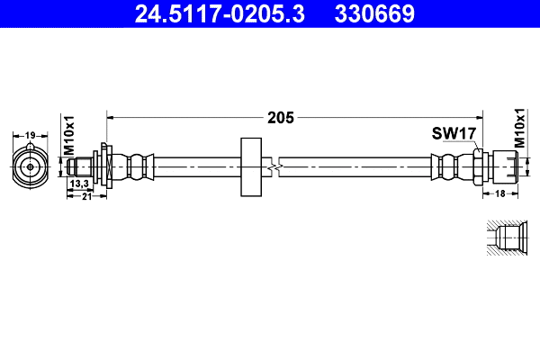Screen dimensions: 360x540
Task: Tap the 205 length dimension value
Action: (280, 116)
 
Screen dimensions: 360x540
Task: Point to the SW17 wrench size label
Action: (453, 134)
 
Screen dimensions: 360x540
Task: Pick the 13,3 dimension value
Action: (79, 184)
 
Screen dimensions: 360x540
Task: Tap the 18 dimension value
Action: (499, 193)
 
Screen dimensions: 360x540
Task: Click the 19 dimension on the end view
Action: (30, 136)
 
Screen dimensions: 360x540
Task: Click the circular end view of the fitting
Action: (30, 166)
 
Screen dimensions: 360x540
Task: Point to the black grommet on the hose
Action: (251, 166)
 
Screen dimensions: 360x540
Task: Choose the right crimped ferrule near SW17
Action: (447, 166)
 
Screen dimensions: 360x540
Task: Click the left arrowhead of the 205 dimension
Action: (112, 116)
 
